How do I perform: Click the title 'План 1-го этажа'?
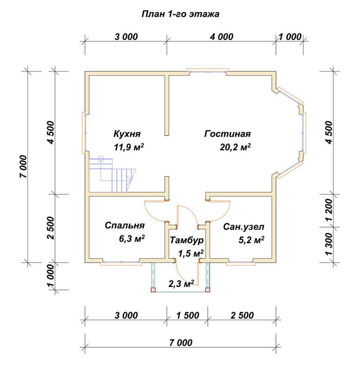click(x=180, y=14)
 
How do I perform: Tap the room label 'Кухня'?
click(x=127, y=134)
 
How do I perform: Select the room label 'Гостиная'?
click(x=227, y=134)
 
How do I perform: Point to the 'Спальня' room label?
click(x=125, y=225)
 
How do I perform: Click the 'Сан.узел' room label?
click(x=243, y=227)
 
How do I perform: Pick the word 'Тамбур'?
click(x=187, y=240)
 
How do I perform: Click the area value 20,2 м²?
click(x=235, y=147)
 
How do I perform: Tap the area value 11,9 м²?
click(x=129, y=147)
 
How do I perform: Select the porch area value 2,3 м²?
click(x=181, y=284)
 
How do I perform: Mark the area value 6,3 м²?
click(x=132, y=238)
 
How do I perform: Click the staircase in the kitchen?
click(x=112, y=175)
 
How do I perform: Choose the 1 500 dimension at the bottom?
click(x=188, y=315)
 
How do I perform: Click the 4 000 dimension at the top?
click(x=222, y=37)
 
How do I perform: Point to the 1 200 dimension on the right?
click(x=329, y=210)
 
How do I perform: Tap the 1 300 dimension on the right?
click(x=329, y=244)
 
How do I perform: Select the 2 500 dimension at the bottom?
click(x=242, y=315)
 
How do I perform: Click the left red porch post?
click(x=153, y=290)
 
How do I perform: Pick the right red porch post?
click(x=208, y=290)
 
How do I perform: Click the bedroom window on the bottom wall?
click(x=121, y=262)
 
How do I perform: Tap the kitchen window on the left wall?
click(x=85, y=133)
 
